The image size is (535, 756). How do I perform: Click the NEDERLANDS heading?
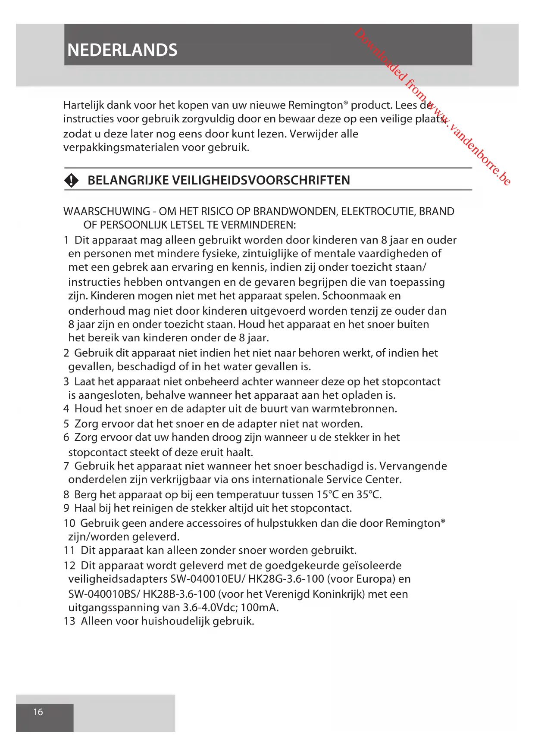122,50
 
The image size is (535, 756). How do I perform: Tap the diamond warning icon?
72,180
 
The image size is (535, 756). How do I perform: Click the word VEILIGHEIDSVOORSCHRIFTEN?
261,180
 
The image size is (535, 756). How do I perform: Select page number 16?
38,712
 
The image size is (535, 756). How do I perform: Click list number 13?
69,621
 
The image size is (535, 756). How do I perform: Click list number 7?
66,466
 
